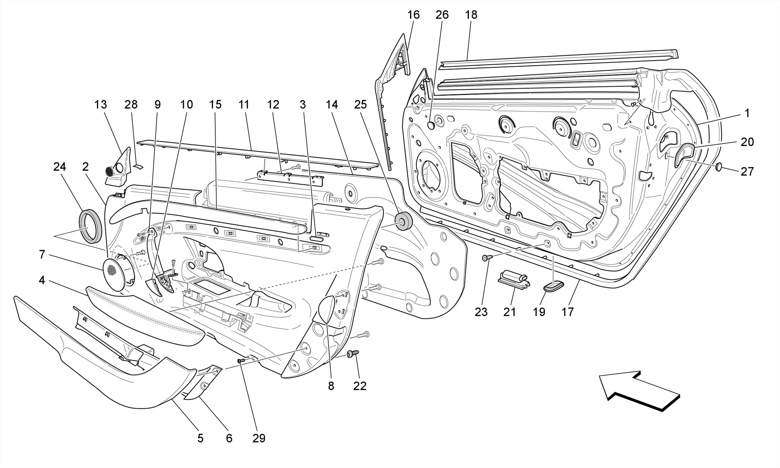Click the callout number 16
click(413, 15)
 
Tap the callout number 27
click(747, 172)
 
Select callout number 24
click(59, 167)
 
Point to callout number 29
click(259, 438)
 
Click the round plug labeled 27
click(719, 167)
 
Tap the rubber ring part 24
click(91, 226)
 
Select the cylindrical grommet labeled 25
click(403, 221)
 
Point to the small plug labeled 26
click(432, 125)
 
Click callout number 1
click(747, 113)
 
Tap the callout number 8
click(331, 386)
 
